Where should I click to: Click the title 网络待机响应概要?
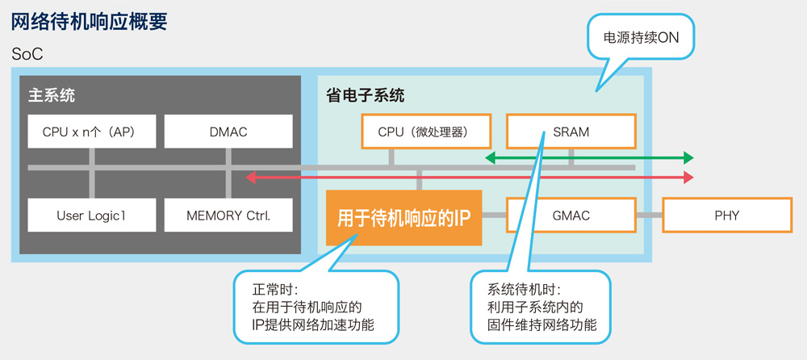(89, 23)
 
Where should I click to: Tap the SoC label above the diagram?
(27, 54)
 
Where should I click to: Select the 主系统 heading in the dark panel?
(51, 96)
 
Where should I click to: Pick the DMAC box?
(228, 132)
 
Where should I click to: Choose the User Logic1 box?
(92, 215)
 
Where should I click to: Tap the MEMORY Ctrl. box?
(228, 215)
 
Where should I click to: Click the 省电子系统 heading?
(365, 96)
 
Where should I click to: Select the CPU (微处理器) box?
(427, 132)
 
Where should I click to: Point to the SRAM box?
(571, 132)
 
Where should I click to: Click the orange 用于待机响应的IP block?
(404, 218)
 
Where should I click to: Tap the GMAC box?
(571, 215)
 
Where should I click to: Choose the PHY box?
(727, 215)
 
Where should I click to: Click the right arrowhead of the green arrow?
(688, 157)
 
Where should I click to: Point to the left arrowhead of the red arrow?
(251, 178)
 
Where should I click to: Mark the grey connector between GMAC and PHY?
(649, 215)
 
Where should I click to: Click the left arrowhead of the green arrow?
(491, 157)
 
